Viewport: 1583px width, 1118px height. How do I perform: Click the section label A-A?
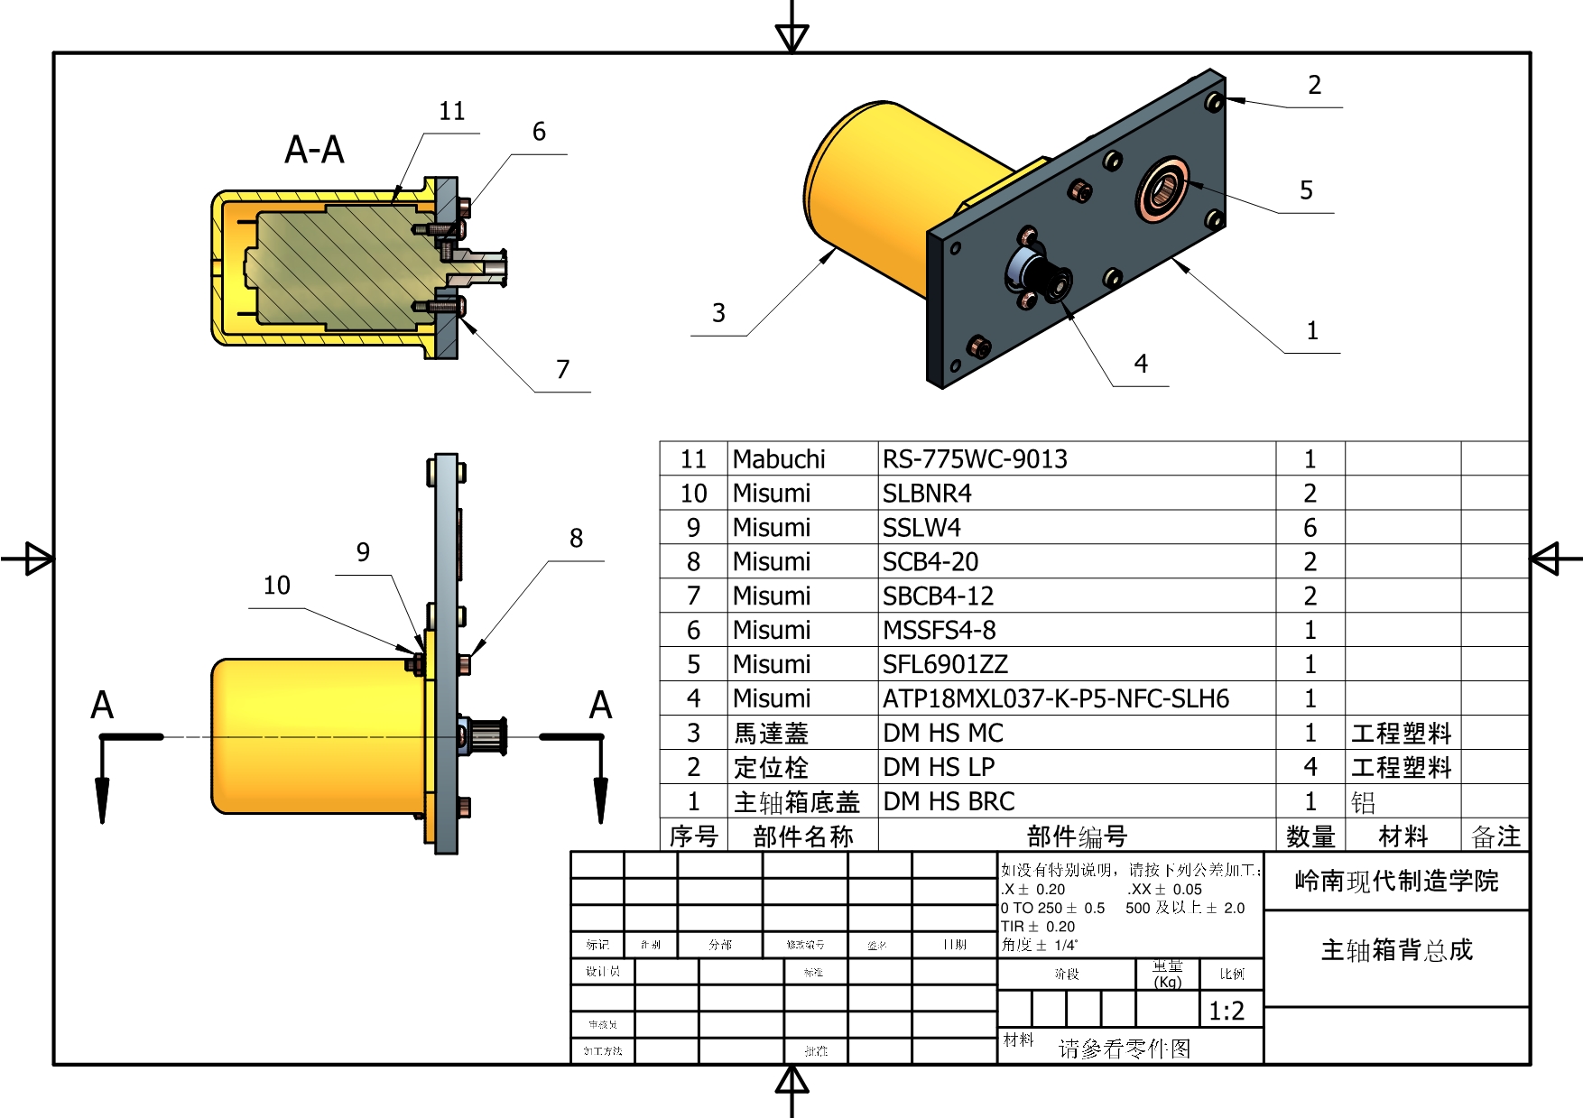tap(314, 150)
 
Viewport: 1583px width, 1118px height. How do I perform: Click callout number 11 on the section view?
tap(452, 112)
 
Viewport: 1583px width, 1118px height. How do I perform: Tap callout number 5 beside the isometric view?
tap(1306, 190)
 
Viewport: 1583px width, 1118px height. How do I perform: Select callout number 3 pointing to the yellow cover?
tap(718, 313)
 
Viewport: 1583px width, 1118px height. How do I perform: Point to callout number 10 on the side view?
tap(277, 586)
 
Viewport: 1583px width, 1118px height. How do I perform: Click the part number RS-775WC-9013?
tap(975, 459)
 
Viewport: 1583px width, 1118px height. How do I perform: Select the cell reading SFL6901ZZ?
tap(945, 665)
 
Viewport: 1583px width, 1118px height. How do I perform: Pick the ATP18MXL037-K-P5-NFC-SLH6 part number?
tap(1056, 699)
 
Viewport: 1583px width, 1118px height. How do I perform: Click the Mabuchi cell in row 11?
tap(779, 459)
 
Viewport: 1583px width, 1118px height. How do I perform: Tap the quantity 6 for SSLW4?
tap(1310, 528)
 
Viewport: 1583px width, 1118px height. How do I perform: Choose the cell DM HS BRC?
tap(949, 801)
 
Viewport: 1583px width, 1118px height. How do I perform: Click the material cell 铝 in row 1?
tap(1363, 802)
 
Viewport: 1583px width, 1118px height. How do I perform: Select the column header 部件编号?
tap(1077, 836)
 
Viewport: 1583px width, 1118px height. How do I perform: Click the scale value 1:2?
tap(1227, 1012)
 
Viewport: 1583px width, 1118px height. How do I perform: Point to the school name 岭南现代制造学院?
tap(1396, 882)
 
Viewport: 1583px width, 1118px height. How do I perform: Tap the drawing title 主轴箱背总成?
tap(1396, 950)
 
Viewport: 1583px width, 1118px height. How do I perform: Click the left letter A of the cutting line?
tap(102, 706)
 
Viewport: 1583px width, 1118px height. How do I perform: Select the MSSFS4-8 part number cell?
tap(939, 631)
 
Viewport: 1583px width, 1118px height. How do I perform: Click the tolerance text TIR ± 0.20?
tap(1038, 927)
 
